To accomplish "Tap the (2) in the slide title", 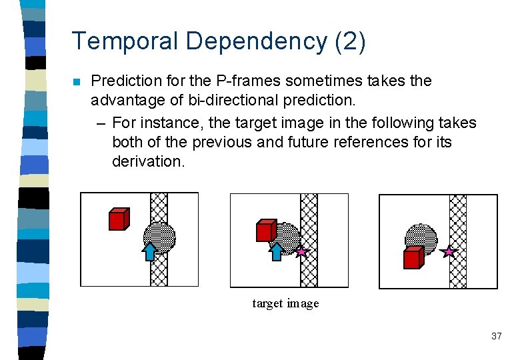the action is point(351,41).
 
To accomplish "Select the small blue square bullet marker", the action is point(76,82).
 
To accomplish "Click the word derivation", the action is point(148,161).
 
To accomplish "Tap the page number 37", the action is point(496,336).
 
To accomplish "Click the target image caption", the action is point(285,303).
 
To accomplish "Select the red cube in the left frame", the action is point(118,219).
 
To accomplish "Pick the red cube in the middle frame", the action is point(266,230).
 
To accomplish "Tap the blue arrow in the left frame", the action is point(150,251).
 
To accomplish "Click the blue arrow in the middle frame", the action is point(276,251).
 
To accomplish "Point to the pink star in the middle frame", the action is point(301,252).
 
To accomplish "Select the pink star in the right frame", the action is point(449,252).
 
